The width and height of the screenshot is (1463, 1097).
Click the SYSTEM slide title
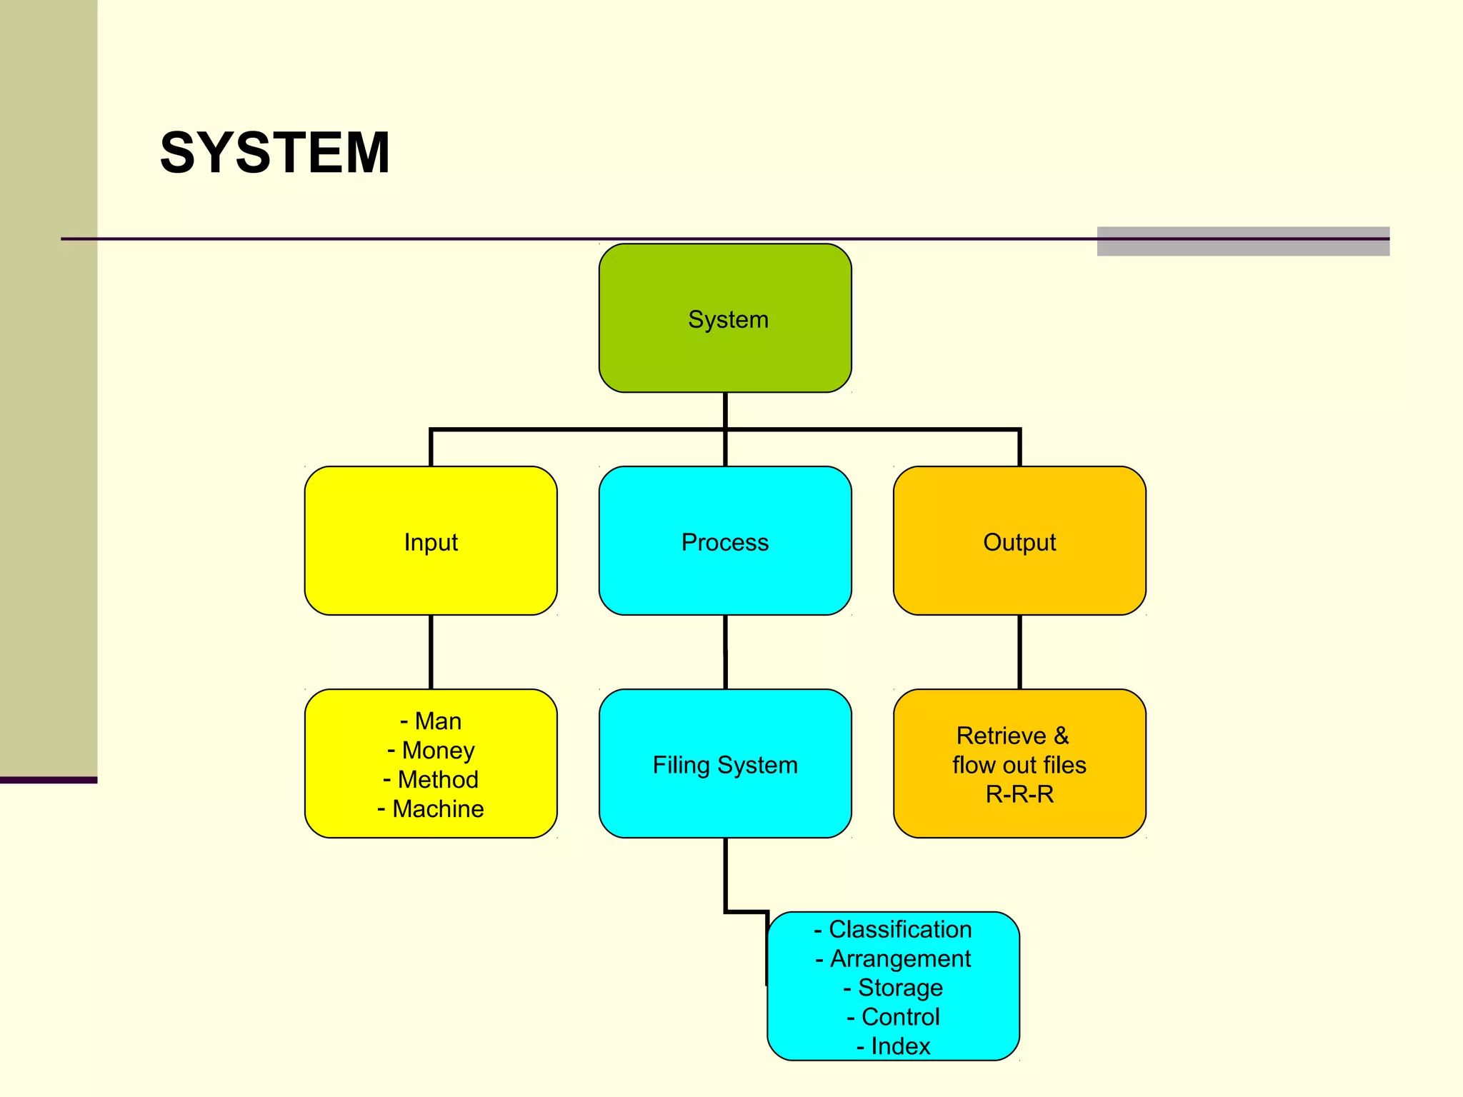coord(275,153)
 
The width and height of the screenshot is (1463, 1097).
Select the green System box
coord(725,319)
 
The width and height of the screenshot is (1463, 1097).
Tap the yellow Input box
coord(431,541)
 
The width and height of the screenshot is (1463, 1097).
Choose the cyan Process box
coord(725,541)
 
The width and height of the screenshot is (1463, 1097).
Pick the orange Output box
coord(1019,541)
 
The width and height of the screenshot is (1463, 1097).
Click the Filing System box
coord(725,764)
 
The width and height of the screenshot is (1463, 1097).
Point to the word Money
coord(438,751)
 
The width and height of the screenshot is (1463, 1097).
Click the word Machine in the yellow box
coord(438,809)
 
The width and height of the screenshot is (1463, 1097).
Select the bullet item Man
coord(438,721)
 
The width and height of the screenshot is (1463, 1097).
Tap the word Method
coord(438,780)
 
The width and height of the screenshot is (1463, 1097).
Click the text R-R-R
coord(1019,794)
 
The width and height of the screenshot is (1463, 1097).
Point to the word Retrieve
coord(1001,736)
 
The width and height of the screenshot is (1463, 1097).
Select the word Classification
coord(900,929)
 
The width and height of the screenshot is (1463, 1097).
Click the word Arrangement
coord(900,958)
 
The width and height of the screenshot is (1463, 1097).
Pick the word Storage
coord(900,988)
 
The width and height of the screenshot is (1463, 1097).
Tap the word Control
coord(900,1017)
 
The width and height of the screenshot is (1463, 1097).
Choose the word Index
coord(900,1046)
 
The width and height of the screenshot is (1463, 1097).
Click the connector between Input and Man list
coord(431,651)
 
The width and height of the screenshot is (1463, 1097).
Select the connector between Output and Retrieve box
coord(1019,651)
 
